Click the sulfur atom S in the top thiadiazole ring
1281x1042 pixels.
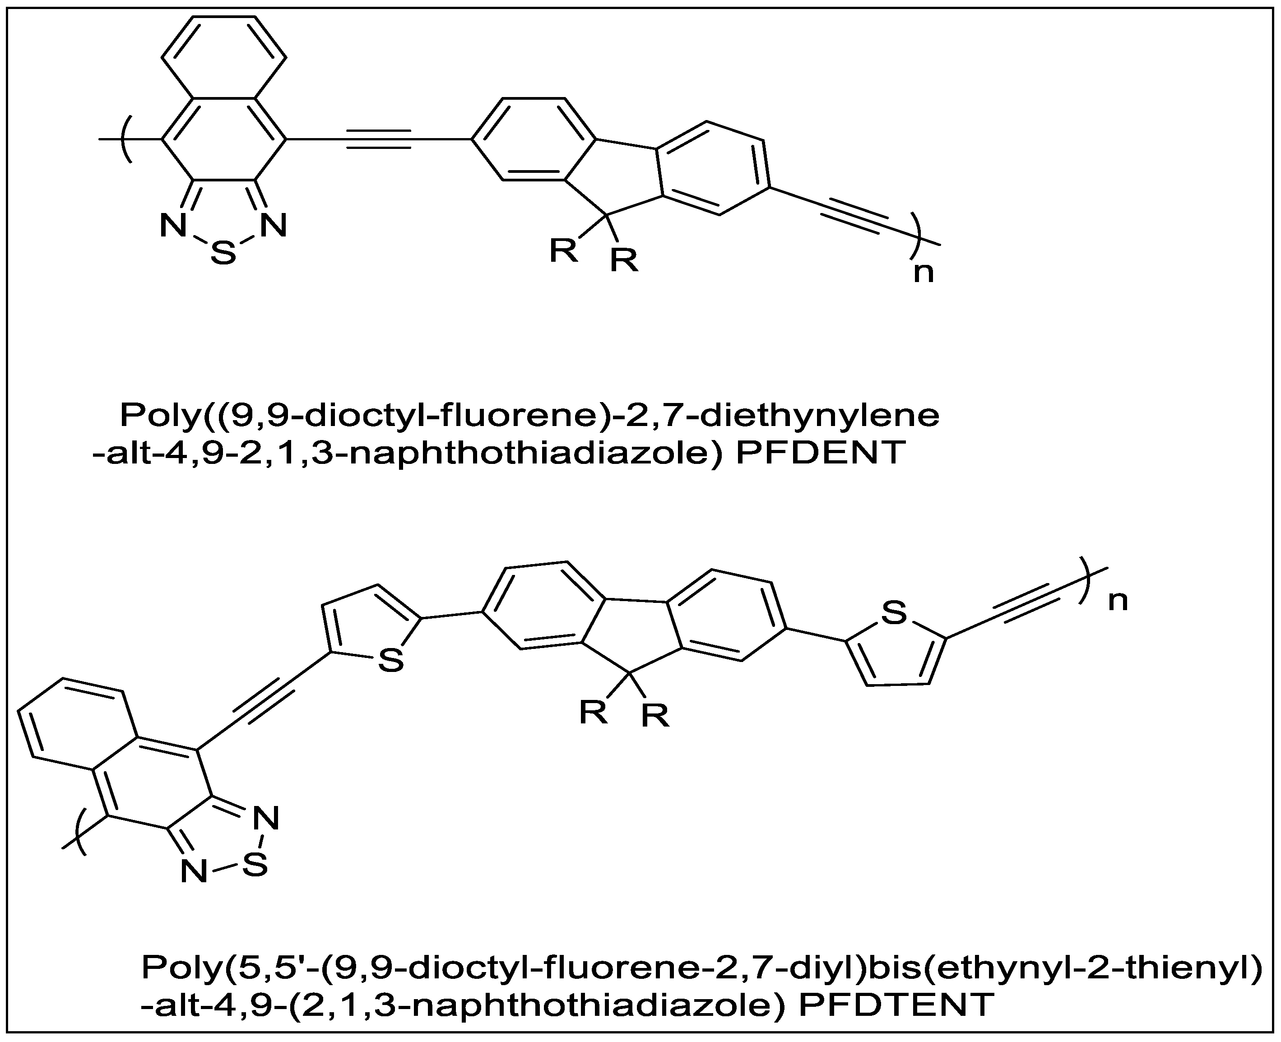[223, 253]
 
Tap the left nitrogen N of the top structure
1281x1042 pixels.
[173, 226]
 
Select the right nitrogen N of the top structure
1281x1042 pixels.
[273, 226]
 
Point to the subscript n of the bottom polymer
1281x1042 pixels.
[1118, 600]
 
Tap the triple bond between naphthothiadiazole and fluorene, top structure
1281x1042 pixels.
[379, 139]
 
